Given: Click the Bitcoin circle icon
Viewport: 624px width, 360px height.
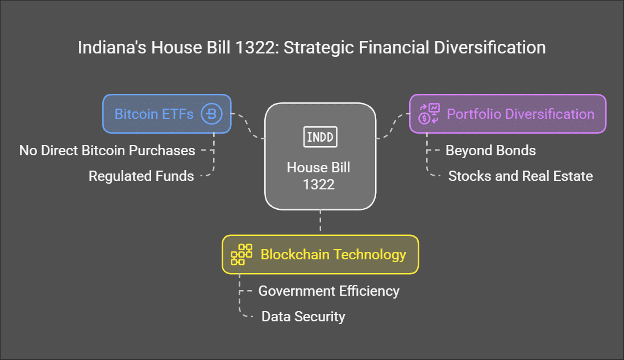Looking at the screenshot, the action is [211, 114].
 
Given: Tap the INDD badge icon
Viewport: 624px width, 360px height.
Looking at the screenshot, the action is [321, 137].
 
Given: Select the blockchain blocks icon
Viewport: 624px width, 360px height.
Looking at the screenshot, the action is [242, 254].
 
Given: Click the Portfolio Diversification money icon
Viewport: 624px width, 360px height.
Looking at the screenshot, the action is [429, 114].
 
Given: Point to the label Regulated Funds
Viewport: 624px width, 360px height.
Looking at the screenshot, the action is [142, 176].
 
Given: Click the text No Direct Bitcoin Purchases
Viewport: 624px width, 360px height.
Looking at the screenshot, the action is [107, 151].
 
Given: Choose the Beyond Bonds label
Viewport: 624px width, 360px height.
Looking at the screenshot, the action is [490, 151].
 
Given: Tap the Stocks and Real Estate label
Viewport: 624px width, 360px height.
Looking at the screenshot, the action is [521, 176].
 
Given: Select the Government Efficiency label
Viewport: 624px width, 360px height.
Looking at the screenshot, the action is [328, 291].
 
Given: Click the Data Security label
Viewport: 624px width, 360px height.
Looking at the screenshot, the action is [303, 317].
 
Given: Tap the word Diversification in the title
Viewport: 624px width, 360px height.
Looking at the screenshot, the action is [490, 47].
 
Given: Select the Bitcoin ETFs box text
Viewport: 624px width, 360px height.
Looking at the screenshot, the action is [154, 114].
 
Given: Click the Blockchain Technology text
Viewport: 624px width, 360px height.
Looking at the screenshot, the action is [334, 254].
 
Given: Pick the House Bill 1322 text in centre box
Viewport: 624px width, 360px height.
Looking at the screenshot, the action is [319, 176].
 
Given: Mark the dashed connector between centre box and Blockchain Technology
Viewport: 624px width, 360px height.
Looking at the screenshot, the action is [321, 222].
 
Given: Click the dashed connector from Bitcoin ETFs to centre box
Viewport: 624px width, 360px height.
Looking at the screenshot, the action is [248, 125].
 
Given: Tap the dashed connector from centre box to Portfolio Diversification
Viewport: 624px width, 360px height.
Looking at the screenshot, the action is [393, 126].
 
